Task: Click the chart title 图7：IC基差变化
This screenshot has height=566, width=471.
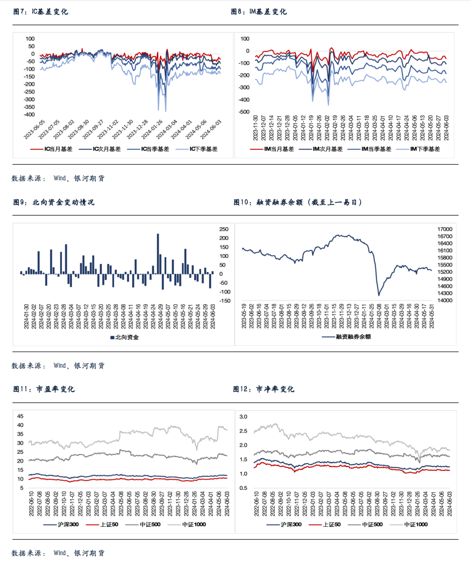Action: click(41, 12)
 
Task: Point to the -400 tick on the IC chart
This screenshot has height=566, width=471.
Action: click(29, 115)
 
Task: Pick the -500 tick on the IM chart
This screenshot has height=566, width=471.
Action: click(244, 112)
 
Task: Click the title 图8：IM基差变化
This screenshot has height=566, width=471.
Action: click(259, 12)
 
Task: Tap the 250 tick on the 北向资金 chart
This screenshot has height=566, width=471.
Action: click(224, 229)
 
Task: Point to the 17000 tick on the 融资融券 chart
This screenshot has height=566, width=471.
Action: click(445, 229)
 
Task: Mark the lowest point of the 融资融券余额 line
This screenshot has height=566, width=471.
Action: click(379, 295)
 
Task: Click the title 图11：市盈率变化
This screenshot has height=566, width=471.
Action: click(44, 389)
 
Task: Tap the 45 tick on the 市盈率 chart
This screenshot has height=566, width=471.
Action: click(20, 416)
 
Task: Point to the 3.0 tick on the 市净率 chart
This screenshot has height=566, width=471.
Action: click(243, 417)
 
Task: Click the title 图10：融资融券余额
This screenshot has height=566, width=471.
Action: click(297, 202)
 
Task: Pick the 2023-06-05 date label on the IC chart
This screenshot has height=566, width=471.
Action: click(35, 130)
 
